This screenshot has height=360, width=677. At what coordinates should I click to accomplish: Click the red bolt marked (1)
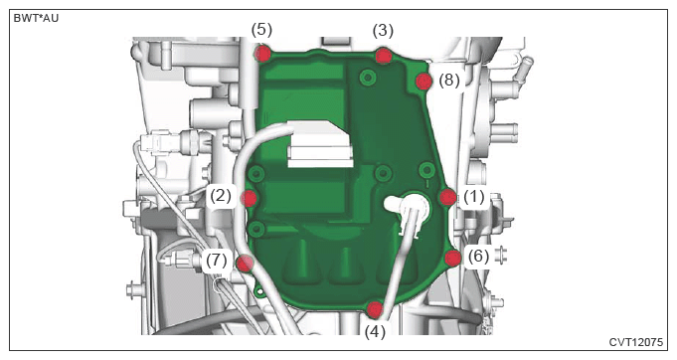[x=447, y=197]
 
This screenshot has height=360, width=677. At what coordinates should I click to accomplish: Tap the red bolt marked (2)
[x=250, y=198]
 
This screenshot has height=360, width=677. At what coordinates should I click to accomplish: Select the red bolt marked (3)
[x=383, y=56]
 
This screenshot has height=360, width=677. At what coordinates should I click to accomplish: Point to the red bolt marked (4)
[x=375, y=309]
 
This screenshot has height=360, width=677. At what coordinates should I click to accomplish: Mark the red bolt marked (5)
[x=262, y=54]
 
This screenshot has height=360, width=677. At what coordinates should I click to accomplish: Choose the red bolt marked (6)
[x=452, y=259]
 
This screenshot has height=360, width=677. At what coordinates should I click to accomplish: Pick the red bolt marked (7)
[x=246, y=263]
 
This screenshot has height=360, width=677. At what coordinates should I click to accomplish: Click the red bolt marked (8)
[x=423, y=82]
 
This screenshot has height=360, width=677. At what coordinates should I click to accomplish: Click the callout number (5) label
[x=262, y=30]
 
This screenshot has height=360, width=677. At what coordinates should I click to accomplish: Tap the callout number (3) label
[x=383, y=31]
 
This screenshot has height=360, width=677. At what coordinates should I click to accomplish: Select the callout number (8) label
[x=449, y=81]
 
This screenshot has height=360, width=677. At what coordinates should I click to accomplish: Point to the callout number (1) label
[x=473, y=197]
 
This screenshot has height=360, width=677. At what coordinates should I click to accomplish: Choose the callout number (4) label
[x=375, y=332]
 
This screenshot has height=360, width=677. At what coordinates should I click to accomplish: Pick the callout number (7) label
[x=217, y=261]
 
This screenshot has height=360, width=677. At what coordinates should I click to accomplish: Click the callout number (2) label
[x=221, y=196]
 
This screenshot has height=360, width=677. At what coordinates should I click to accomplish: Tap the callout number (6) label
[x=479, y=257]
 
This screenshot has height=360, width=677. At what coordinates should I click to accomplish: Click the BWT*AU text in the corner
[x=36, y=19]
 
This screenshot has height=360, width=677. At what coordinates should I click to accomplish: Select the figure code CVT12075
[x=636, y=342]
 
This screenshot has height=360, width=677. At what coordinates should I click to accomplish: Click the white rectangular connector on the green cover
[x=320, y=144]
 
